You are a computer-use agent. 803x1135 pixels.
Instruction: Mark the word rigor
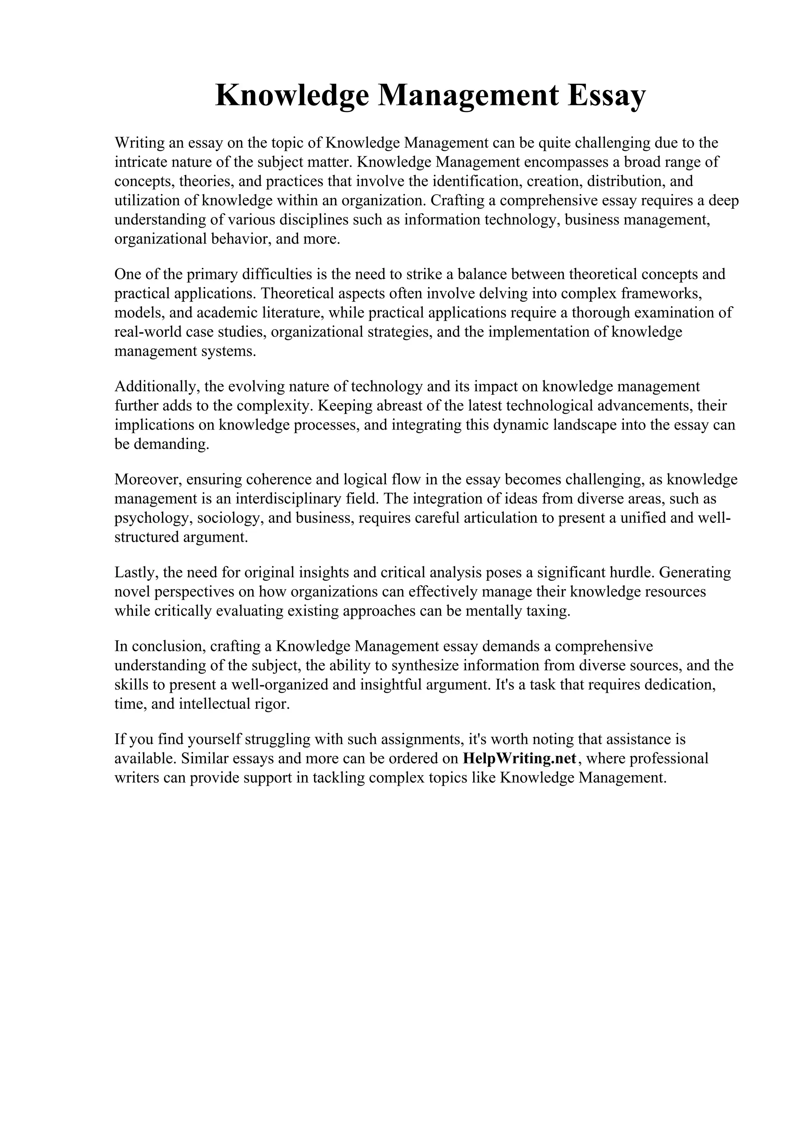point(271,704)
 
